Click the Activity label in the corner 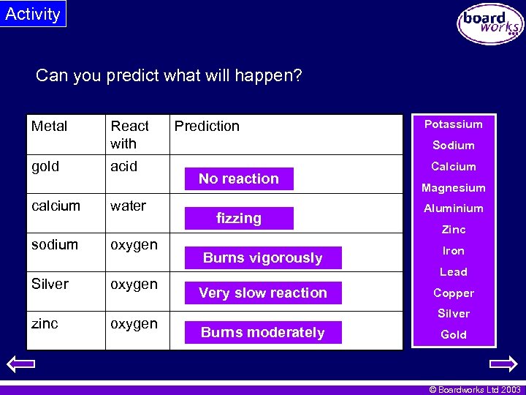(33, 14)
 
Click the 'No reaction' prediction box (239, 178)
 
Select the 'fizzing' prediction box (239, 218)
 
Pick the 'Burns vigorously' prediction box (262, 257)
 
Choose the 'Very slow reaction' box (262, 293)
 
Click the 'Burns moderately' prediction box (262, 332)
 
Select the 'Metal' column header (50, 126)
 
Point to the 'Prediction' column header (207, 126)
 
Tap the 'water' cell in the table (128, 206)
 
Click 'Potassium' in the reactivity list (454, 124)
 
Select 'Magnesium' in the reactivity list (454, 188)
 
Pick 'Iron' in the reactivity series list (454, 251)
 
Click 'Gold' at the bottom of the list (454, 334)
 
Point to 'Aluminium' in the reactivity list (454, 208)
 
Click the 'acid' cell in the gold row (123, 166)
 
